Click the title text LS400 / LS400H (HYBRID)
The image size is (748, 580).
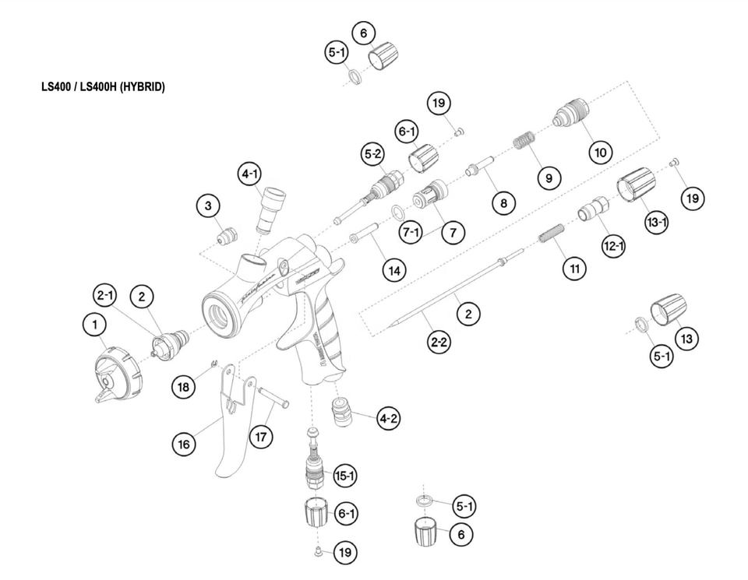tap(103, 87)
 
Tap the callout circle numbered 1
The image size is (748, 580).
tap(95, 327)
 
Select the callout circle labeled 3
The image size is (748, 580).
tap(208, 206)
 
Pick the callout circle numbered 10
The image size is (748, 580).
tap(600, 152)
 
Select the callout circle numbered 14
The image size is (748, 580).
tap(394, 269)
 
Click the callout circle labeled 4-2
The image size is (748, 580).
tap(389, 419)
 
